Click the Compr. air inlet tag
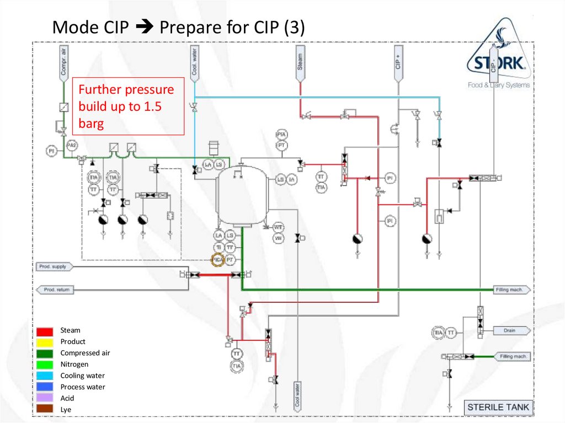coord(63,62)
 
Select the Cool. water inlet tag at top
coord(195,62)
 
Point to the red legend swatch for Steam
coord(45,331)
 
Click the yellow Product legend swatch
coord(45,342)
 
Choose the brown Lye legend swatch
coord(45,409)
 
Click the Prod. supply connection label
coord(55,266)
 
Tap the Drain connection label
coord(510,331)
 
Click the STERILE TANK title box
coord(498,408)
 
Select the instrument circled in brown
coord(218,259)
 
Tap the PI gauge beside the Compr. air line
coord(51,150)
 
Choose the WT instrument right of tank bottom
coord(279,227)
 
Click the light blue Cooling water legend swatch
coord(45,376)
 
